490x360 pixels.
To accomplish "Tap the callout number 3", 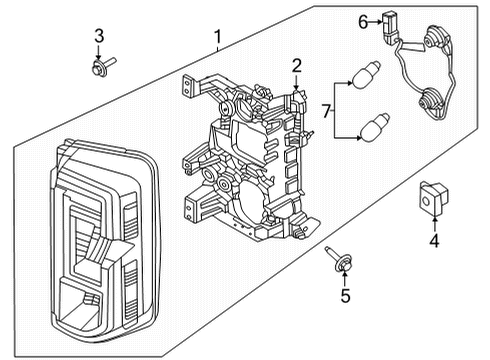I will (x=98, y=37).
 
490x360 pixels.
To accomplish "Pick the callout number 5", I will (x=345, y=295).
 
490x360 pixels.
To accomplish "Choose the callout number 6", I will (x=364, y=19).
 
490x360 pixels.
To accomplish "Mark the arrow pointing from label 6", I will (x=376, y=19).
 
